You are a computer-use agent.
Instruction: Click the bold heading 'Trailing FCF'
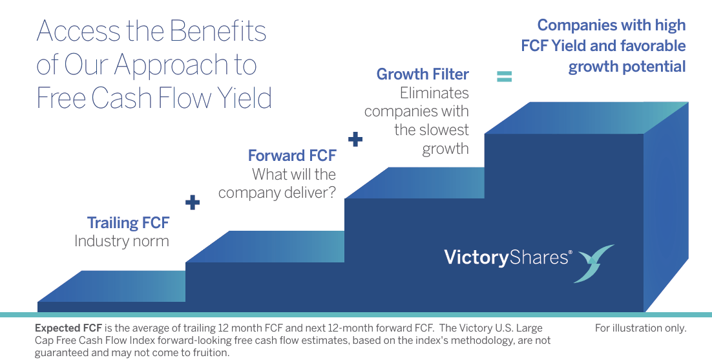[x=128, y=223]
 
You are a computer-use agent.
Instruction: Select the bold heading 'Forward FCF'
[x=292, y=156]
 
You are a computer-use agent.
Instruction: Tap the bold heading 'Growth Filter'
[x=423, y=74]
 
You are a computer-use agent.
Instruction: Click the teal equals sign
[x=504, y=77]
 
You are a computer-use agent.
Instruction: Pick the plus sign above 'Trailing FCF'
[x=193, y=202]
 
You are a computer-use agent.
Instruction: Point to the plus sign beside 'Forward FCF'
[x=355, y=139]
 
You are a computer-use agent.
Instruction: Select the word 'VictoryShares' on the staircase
[x=507, y=258]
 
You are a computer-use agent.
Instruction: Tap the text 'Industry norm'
[x=121, y=242]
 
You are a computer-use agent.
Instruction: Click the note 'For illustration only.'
[x=640, y=328]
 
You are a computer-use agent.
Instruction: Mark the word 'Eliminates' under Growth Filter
[x=434, y=93]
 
